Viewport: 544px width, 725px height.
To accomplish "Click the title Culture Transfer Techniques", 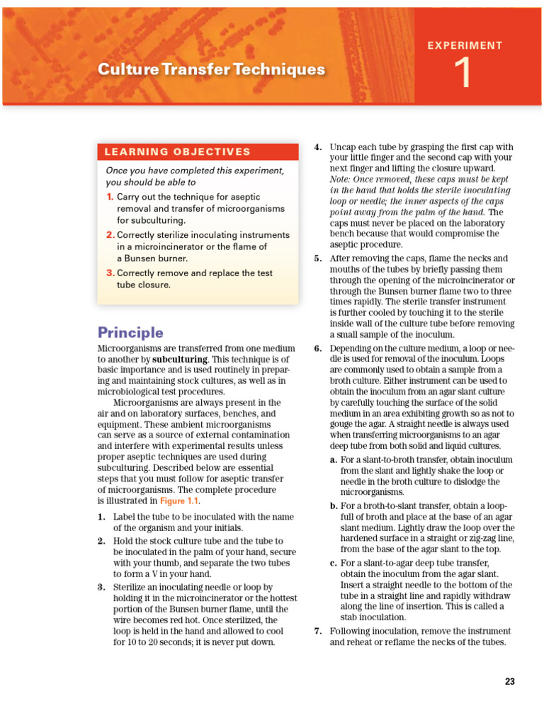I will [211, 69].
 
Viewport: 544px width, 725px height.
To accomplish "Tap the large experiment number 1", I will [464, 74].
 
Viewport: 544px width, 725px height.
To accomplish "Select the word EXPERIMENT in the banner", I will [465, 45].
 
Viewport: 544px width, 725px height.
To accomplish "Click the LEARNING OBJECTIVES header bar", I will [198, 152].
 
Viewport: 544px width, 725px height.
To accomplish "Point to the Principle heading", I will [130, 332].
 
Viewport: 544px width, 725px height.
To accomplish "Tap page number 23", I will [510, 682].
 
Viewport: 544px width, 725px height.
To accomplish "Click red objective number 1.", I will [110, 196].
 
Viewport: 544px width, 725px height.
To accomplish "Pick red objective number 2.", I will [110, 234].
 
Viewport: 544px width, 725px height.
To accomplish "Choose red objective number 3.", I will [110, 273].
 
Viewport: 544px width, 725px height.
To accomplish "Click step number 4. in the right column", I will [318, 147].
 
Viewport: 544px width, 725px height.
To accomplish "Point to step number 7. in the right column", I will [318, 632].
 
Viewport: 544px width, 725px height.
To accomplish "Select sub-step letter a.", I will [333, 460].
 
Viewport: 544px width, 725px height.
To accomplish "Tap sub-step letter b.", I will [333, 506].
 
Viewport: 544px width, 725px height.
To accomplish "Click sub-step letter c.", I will [333, 563].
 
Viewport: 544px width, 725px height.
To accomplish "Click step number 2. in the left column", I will [102, 541].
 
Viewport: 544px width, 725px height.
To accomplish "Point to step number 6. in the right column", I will [318, 349].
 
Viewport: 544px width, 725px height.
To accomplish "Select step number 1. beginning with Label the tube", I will [102, 517].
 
